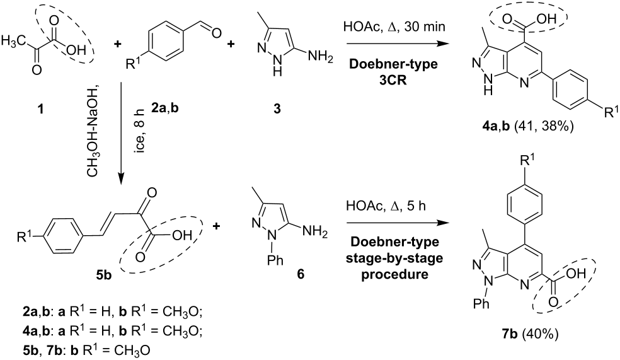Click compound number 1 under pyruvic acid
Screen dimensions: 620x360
point(40,108)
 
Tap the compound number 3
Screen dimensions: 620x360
point(277,108)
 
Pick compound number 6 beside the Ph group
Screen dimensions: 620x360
point(301,274)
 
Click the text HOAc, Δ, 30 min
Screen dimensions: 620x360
point(394,27)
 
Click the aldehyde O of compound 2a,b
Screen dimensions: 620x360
point(216,33)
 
